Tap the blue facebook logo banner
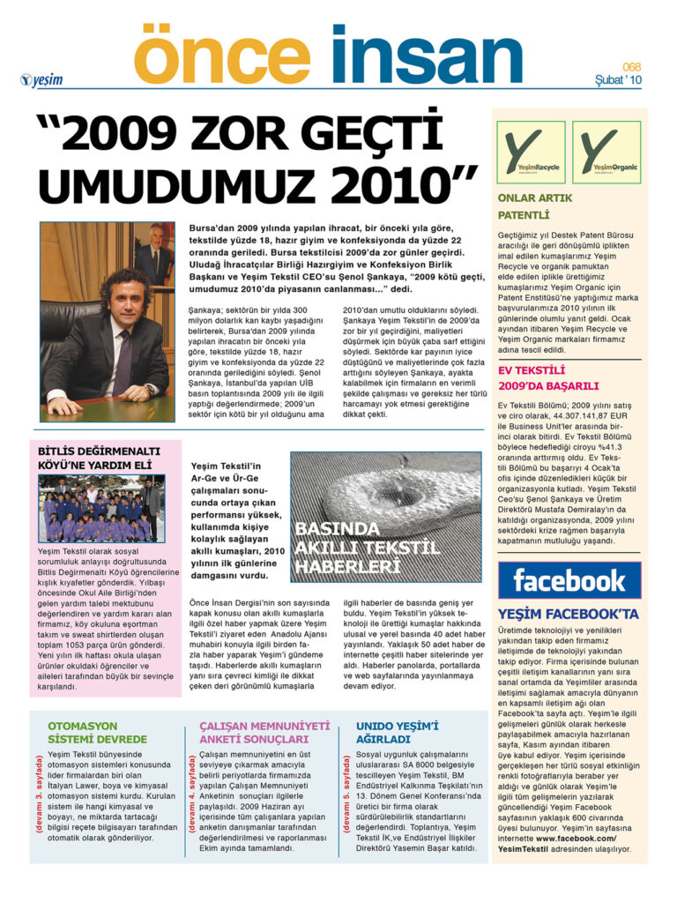point(569,580)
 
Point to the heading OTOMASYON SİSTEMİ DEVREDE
point(97,732)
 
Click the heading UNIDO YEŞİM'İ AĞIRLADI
point(397,732)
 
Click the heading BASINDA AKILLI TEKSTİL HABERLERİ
point(366,548)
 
